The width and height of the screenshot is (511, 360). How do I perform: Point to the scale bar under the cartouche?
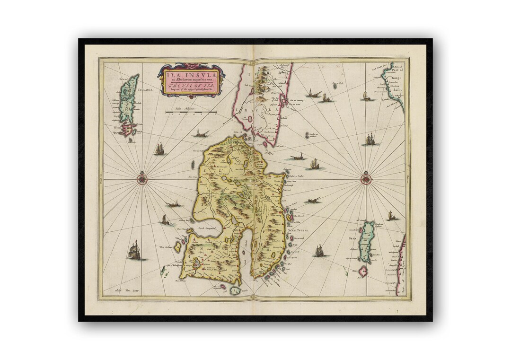191,112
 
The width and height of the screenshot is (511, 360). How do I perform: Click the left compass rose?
141,179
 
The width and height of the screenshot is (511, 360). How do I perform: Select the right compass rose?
366,179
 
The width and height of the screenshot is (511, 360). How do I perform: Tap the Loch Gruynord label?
207,228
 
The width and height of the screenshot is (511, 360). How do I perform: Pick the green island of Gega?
366,241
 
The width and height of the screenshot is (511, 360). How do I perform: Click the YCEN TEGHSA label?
299,229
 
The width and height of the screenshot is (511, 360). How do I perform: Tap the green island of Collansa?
128,97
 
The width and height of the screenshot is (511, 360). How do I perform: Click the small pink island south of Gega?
363,271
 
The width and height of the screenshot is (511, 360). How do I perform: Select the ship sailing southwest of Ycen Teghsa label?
319,251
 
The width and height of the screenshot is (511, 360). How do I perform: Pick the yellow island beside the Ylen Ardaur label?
178,247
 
